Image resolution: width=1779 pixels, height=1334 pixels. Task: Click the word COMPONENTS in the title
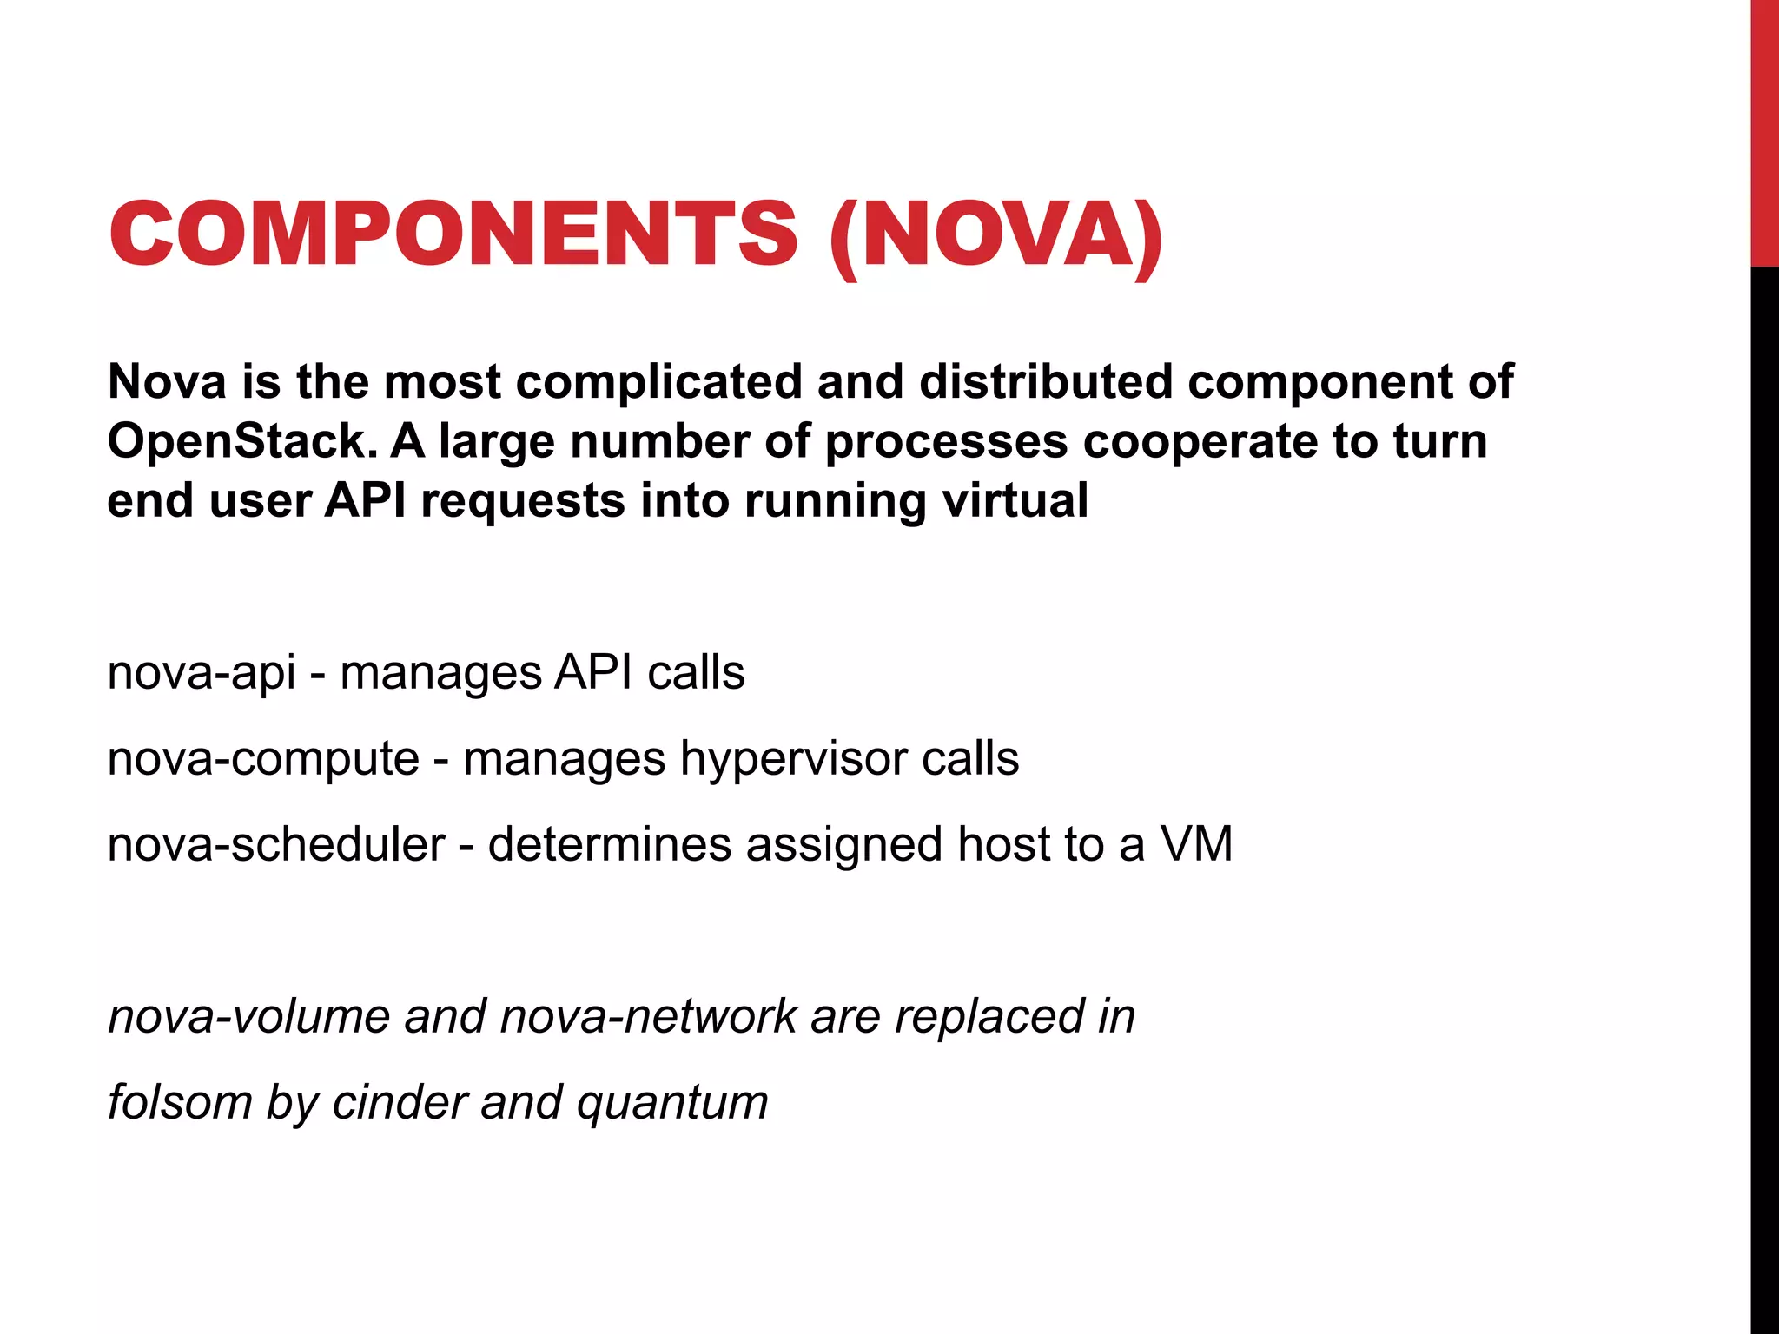(x=453, y=234)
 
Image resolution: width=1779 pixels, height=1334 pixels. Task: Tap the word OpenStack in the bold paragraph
(x=241, y=442)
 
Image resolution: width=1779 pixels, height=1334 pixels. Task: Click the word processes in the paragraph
(x=946, y=442)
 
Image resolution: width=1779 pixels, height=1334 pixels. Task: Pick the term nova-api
(x=202, y=673)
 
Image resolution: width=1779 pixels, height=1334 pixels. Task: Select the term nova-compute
(x=263, y=758)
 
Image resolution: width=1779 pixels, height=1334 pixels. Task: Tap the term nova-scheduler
(x=275, y=844)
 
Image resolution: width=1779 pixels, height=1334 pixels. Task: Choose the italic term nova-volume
(x=248, y=1016)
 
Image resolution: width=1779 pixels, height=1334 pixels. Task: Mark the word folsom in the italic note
(x=180, y=1102)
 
